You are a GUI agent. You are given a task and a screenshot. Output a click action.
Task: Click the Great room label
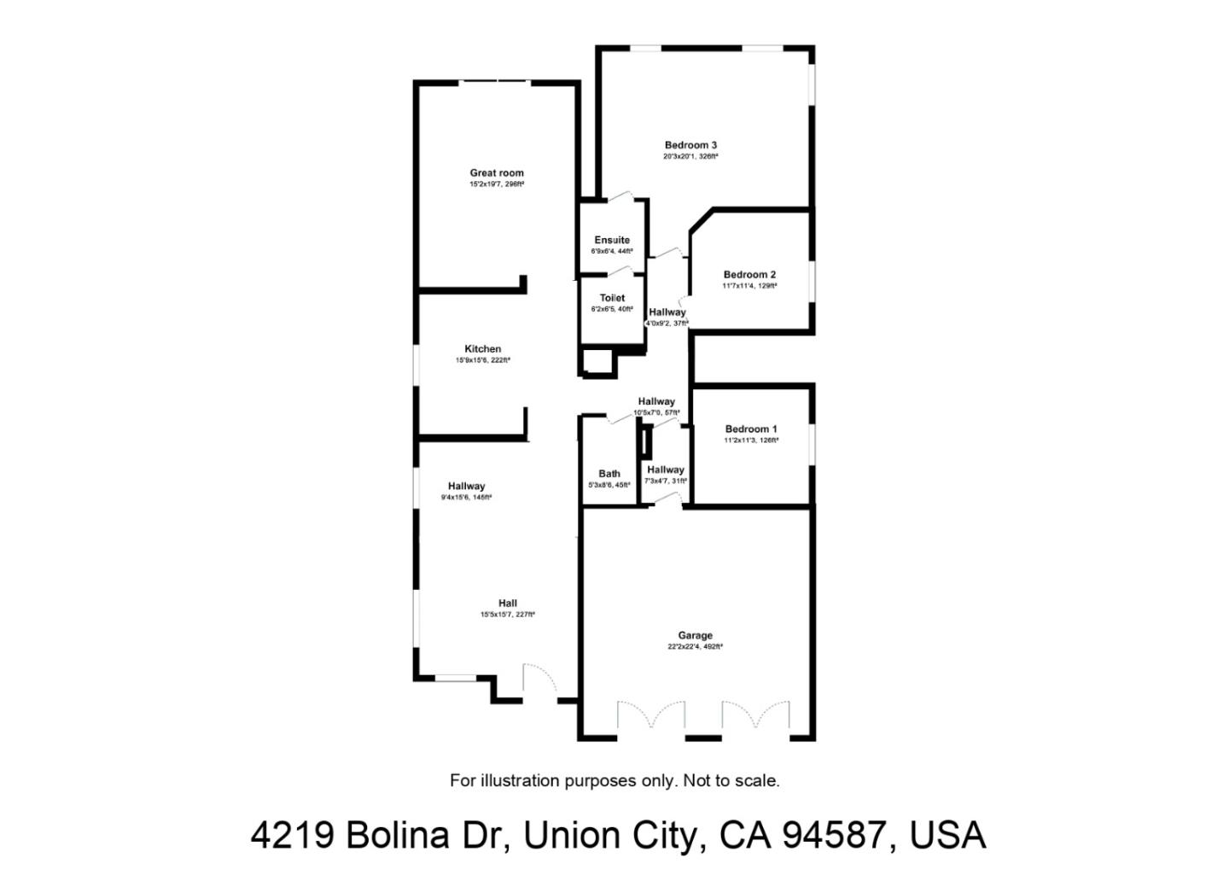click(x=497, y=172)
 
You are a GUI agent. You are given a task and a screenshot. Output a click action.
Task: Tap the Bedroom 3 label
click(x=690, y=145)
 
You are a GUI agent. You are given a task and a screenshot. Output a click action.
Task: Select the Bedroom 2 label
click(x=749, y=275)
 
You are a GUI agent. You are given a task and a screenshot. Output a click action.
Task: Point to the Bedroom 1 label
click(x=751, y=429)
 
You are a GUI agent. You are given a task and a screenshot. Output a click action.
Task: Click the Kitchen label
click(x=483, y=349)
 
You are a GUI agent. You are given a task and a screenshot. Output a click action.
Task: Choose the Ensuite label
click(x=612, y=240)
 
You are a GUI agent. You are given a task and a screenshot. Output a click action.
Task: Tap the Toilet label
click(x=612, y=298)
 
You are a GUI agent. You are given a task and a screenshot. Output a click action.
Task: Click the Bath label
click(x=609, y=474)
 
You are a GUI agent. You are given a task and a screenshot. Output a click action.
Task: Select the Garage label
click(x=695, y=635)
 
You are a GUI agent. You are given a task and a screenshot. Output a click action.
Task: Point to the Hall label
click(x=508, y=604)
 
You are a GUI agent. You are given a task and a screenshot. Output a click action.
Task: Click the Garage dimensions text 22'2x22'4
click(x=683, y=647)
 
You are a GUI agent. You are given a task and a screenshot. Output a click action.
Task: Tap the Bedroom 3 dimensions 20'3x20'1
click(x=679, y=157)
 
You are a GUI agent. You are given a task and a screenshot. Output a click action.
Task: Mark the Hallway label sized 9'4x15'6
click(x=466, y=487)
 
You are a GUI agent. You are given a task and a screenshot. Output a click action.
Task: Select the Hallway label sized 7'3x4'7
click(x=666, y=469)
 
